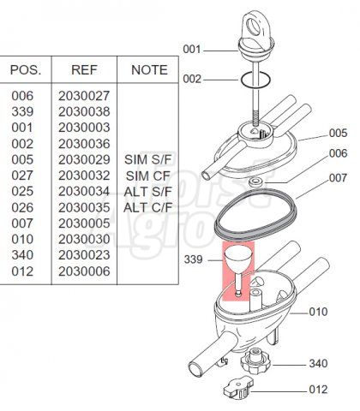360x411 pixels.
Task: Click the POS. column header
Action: [26, 70]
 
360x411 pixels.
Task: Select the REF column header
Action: [84, 70]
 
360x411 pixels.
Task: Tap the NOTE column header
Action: [149, 70]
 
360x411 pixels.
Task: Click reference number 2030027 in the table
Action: [84, 96]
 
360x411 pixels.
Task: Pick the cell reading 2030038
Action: [84, 111]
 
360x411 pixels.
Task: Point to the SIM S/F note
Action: [148, 159]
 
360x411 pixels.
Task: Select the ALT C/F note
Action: [148, 207]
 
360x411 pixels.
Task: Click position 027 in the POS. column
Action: [22, 176]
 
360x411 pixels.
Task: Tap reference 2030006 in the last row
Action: [84, 271]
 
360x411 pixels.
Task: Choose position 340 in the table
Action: [22, 255]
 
